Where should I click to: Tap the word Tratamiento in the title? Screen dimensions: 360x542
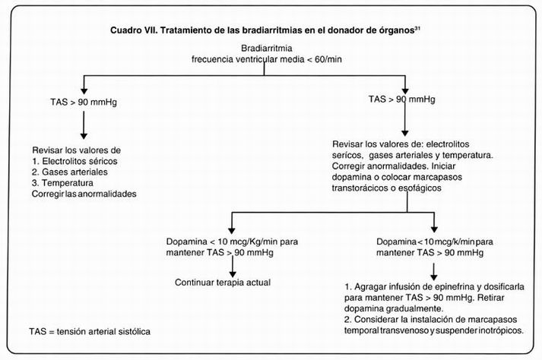pyautogui.click(x=173, y=33)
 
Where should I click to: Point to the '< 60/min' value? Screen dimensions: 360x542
pyautogui.click(x=320, y=58)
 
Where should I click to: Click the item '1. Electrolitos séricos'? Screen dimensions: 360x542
pyautogui.click(x=74, y=161)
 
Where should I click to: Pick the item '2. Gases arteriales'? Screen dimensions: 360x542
pyautogui.click(x=70, y=172)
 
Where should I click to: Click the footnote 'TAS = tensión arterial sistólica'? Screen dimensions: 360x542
pyautogui.click(x=89, y=332)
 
